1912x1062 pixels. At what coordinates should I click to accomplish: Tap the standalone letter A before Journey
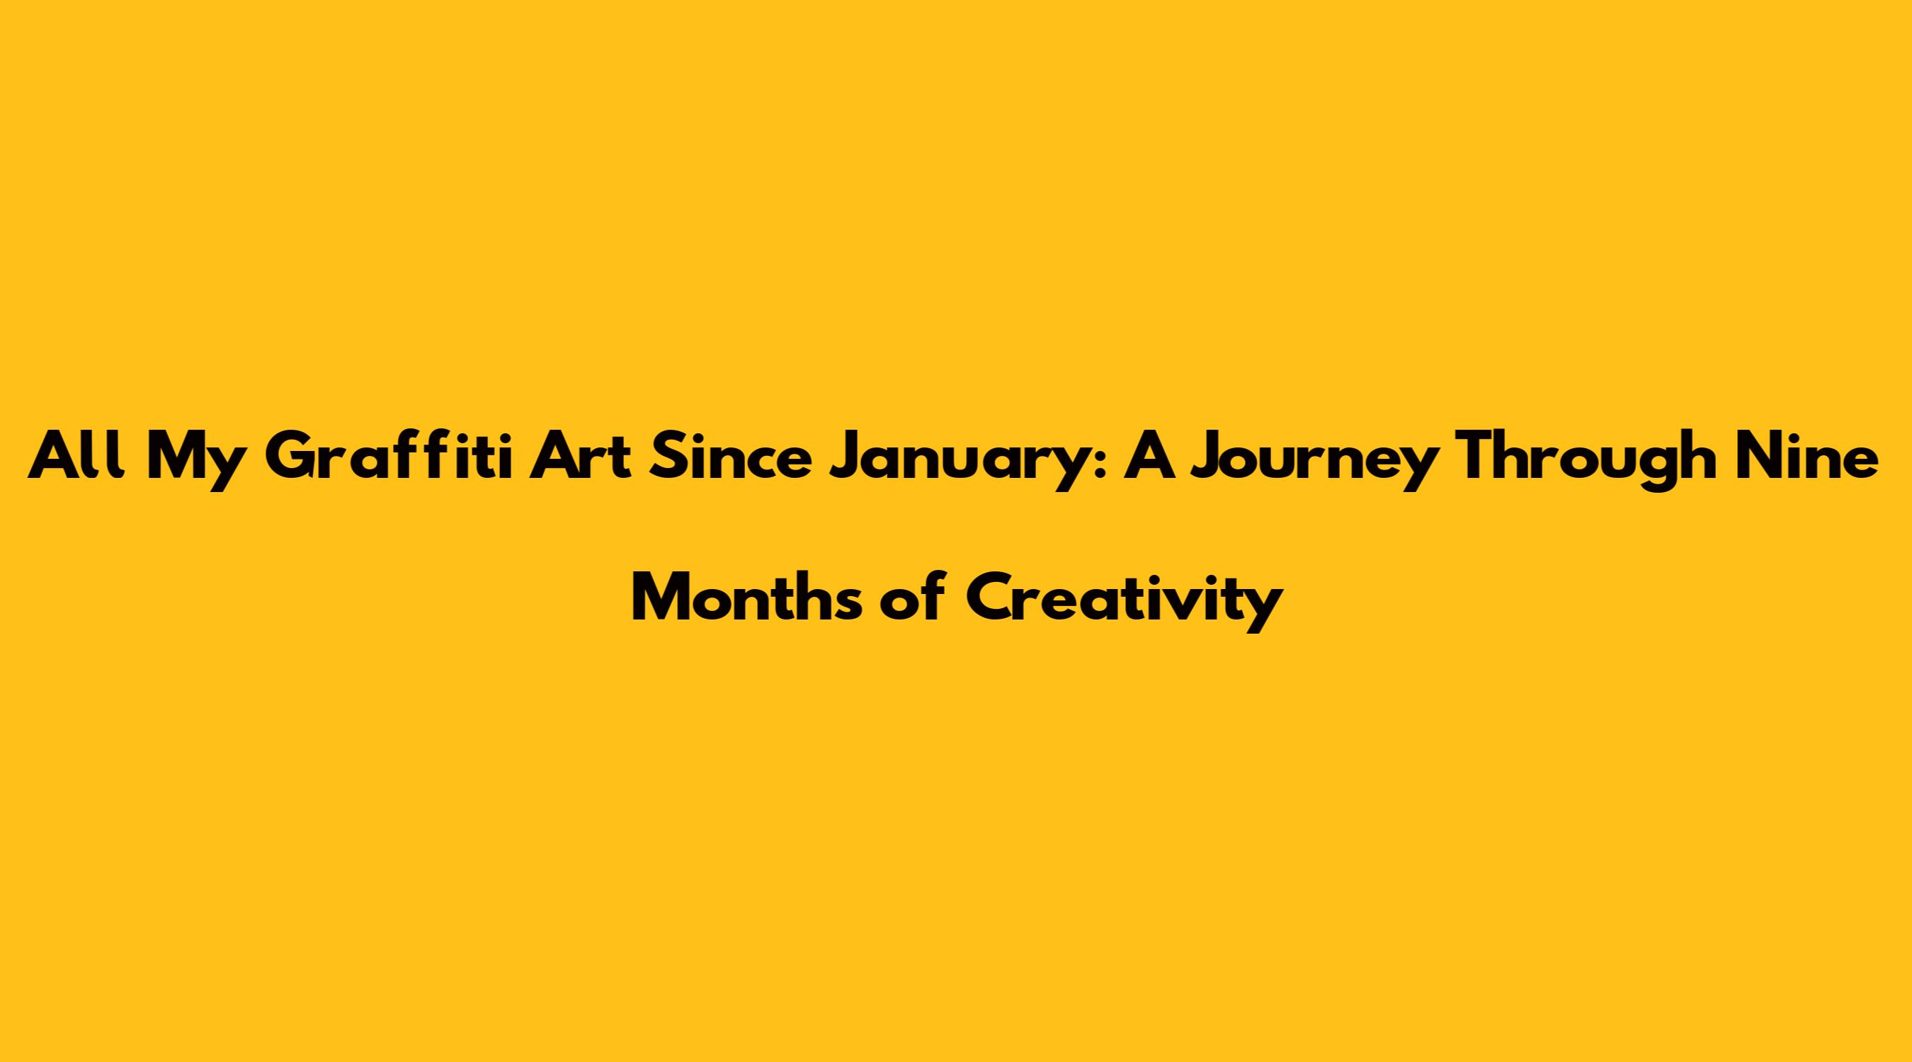coord(1149,457)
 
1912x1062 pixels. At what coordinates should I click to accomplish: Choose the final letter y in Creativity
coord(1263,607)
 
